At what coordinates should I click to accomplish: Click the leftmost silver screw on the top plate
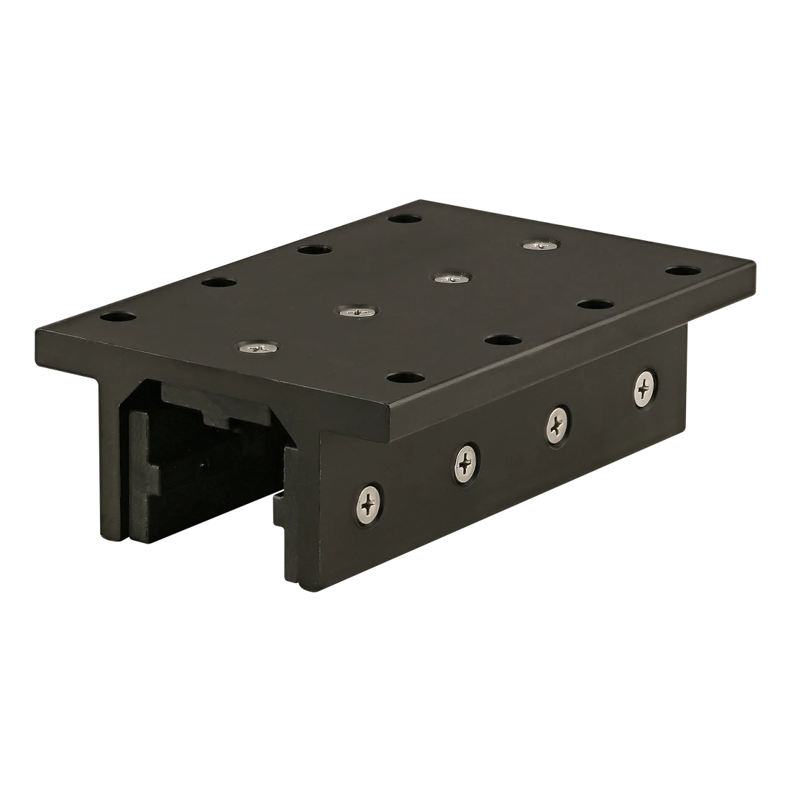(258, 348)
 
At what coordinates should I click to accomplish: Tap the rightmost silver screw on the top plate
(539, 245)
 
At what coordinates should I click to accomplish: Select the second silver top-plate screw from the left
(356, 311)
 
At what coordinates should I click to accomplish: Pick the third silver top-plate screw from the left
(451, 277)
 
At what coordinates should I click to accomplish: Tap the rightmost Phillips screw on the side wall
(645, 388)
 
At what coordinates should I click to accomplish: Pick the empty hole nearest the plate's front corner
(406, 377)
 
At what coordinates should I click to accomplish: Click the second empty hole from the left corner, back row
(219, 282)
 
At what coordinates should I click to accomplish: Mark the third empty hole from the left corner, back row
(313, 250)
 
